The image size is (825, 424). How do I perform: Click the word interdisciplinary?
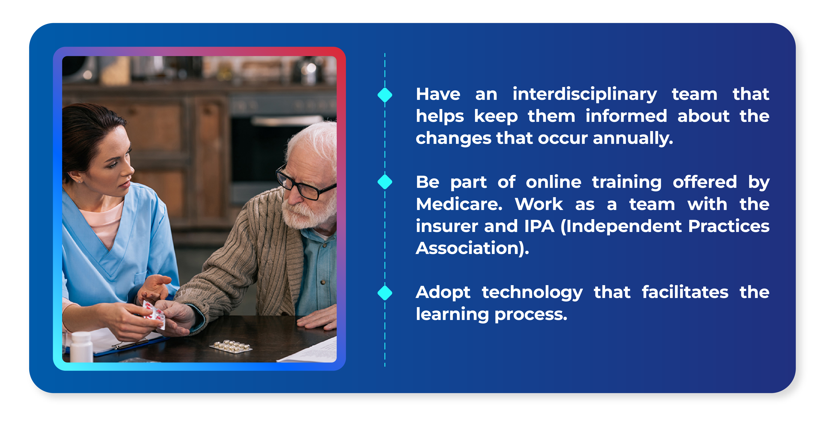click(584, 95)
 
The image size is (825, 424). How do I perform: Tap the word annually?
click(632, 139)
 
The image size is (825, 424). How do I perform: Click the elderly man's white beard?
click(304, 214)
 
